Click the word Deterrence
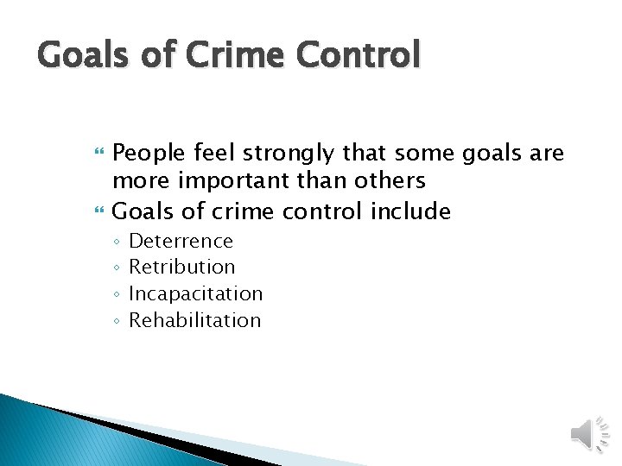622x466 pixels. pyautogui.click(x=181, y=241)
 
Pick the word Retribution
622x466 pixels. pyautogui.click(x=181, y=268)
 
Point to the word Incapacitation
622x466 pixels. pyautogui.click(x=195, y=293)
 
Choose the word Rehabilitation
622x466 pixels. pyautogui.click(x=194, y=320)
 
